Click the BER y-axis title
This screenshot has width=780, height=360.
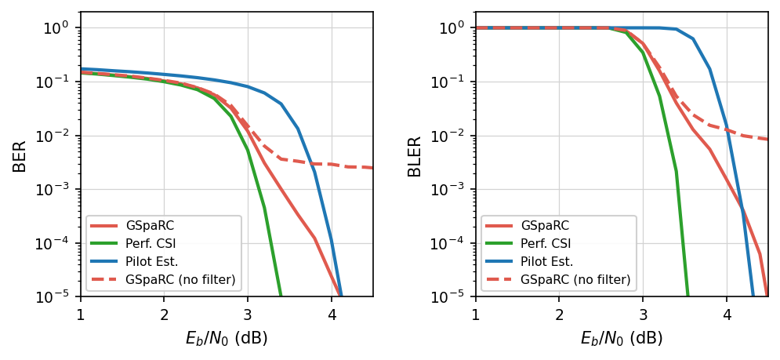coord(20,155)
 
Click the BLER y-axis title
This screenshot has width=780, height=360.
coord(415,155)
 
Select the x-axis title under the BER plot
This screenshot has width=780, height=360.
coord(227,339)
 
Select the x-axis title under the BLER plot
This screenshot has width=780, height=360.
coord(622,339)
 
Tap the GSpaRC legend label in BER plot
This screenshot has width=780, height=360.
coord(150,226)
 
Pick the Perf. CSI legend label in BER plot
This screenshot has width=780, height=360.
coord(152,244)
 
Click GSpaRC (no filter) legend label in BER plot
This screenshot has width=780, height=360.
coord(180,280)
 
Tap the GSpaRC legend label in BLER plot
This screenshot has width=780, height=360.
coord(545,226)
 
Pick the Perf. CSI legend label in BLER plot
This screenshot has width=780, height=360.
coord(547,244)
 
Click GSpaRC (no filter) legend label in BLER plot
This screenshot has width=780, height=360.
coord(575,280)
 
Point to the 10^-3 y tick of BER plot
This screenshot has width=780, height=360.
coord(59,190)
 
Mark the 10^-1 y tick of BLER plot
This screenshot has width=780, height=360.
coord(454,82)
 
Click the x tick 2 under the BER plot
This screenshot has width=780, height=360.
coord(164,315)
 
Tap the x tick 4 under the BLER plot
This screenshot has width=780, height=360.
coord(727,315)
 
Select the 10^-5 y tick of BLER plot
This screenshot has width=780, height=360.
coord(454,297)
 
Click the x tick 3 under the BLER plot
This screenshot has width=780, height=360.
coord(643,315)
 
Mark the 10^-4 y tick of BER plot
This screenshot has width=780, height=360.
coord(59,244)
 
